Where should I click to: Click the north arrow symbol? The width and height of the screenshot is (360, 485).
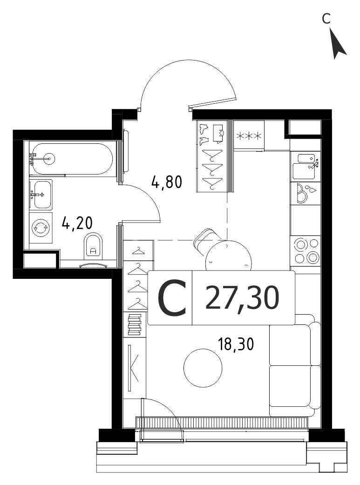point(338,44)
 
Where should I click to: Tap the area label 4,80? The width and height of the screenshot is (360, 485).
point(167,182)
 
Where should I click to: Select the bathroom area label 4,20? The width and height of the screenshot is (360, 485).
point(77,222)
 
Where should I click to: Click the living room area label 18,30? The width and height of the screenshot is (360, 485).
point(236,344)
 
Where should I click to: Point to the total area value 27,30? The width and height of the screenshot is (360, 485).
point(242,297)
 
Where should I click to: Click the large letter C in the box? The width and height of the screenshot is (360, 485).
point(172,297)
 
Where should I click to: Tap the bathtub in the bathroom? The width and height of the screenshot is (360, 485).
point(72,159)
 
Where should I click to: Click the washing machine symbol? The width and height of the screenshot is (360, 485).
point(41,228)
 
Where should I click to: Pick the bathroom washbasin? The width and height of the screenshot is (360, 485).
point(41,195)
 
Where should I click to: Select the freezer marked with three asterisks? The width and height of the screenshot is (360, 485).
point(249,135)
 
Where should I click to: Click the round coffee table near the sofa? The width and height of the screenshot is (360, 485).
point(203,368)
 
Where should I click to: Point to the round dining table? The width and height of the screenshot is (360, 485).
point(229,256)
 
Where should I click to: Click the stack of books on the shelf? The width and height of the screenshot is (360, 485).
point(135,324)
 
